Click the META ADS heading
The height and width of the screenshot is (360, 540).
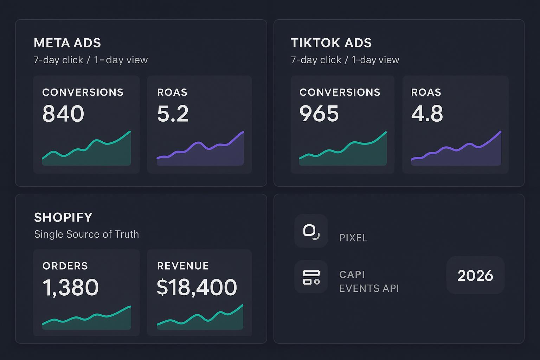(67, 43)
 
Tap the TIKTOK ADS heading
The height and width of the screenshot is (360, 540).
(331, 43)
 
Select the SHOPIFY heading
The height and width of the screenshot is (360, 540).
(63, 217)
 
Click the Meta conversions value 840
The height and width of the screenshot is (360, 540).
(63, 114)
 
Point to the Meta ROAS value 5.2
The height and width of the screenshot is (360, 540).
(173, 114)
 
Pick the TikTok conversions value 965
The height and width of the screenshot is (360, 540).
(319, 114)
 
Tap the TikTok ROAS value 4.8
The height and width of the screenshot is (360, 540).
(427, 114)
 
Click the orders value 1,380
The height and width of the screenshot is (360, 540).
(70, 287)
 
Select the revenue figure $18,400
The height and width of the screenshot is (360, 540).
(197, 287)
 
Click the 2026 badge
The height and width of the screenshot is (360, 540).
(475, 275)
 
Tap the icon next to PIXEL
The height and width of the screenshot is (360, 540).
(311, 231)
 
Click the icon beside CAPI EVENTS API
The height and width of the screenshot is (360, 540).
(311, 277)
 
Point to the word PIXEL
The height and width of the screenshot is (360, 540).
(353, 238)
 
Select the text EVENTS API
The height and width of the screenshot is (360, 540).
(369, 288)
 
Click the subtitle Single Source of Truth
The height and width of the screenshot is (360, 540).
(86, 234)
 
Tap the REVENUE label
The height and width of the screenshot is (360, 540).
(183, 266)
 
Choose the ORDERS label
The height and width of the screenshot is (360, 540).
(65, 266)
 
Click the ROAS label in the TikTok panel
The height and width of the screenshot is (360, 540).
(426, 92)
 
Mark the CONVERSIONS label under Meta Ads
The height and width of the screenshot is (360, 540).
(83, 92)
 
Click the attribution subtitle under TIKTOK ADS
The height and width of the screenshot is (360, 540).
(345, 60)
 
